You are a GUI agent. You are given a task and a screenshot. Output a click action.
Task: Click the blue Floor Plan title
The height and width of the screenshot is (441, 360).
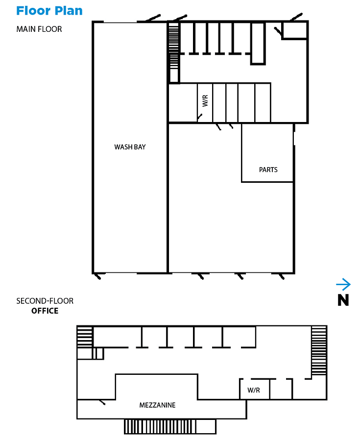pyautogui.click(x=49, y=11)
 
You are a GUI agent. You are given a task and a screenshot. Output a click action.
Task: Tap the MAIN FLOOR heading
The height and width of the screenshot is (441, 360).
pyautogui.click(x=39, y=29)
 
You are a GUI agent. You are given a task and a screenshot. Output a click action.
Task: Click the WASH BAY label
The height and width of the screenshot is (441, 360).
pyautogui.click(x=130, y=147)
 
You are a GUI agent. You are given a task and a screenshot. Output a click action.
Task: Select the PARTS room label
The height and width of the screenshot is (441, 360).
pyautogui.click(x=268, y=170)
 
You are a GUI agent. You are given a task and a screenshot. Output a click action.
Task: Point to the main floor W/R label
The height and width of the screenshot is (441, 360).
pyautogui.click(x=205, y=100)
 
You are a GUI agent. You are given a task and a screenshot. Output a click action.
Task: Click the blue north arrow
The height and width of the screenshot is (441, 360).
pyautogui.click(x=343, y=284)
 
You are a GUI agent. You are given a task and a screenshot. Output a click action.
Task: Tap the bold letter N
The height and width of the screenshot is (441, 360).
pyautogui.click(x=343, y=300)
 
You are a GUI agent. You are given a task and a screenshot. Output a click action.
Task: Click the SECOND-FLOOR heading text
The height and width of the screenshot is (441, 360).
pyautogui.click(x=45, y=301)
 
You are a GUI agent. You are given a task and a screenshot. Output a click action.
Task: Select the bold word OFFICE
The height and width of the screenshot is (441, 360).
pyautogui.click(x=45, y=311)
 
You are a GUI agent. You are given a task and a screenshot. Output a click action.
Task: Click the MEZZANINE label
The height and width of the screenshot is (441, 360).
pyautogui.click(x=157, y=405)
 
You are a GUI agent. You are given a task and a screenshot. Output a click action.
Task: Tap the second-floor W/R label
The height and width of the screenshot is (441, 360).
pyautogui.click(x=254, y=390)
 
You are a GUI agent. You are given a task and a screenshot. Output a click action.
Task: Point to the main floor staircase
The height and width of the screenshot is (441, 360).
pyautogui.click(x=174, y=46)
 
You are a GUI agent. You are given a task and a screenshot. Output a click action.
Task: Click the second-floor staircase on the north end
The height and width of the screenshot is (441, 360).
pyautogui.click(x=319, y=350)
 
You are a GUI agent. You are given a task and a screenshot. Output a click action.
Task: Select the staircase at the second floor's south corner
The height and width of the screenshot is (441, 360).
pyautogui.click(x=85, y=337)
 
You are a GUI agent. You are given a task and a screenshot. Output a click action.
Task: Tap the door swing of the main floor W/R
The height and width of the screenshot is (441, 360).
pyautogui.click(x=199, y=117)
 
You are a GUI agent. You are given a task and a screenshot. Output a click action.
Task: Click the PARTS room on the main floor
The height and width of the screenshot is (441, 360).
pyautogui.click(x=267, y=153)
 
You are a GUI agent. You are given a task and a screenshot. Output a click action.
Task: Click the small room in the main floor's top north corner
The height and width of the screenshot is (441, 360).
pyautogui.click(x=294, y=30)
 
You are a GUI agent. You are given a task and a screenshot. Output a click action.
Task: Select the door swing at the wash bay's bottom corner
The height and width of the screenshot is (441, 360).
pyautogui.click(x=97, y=276)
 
